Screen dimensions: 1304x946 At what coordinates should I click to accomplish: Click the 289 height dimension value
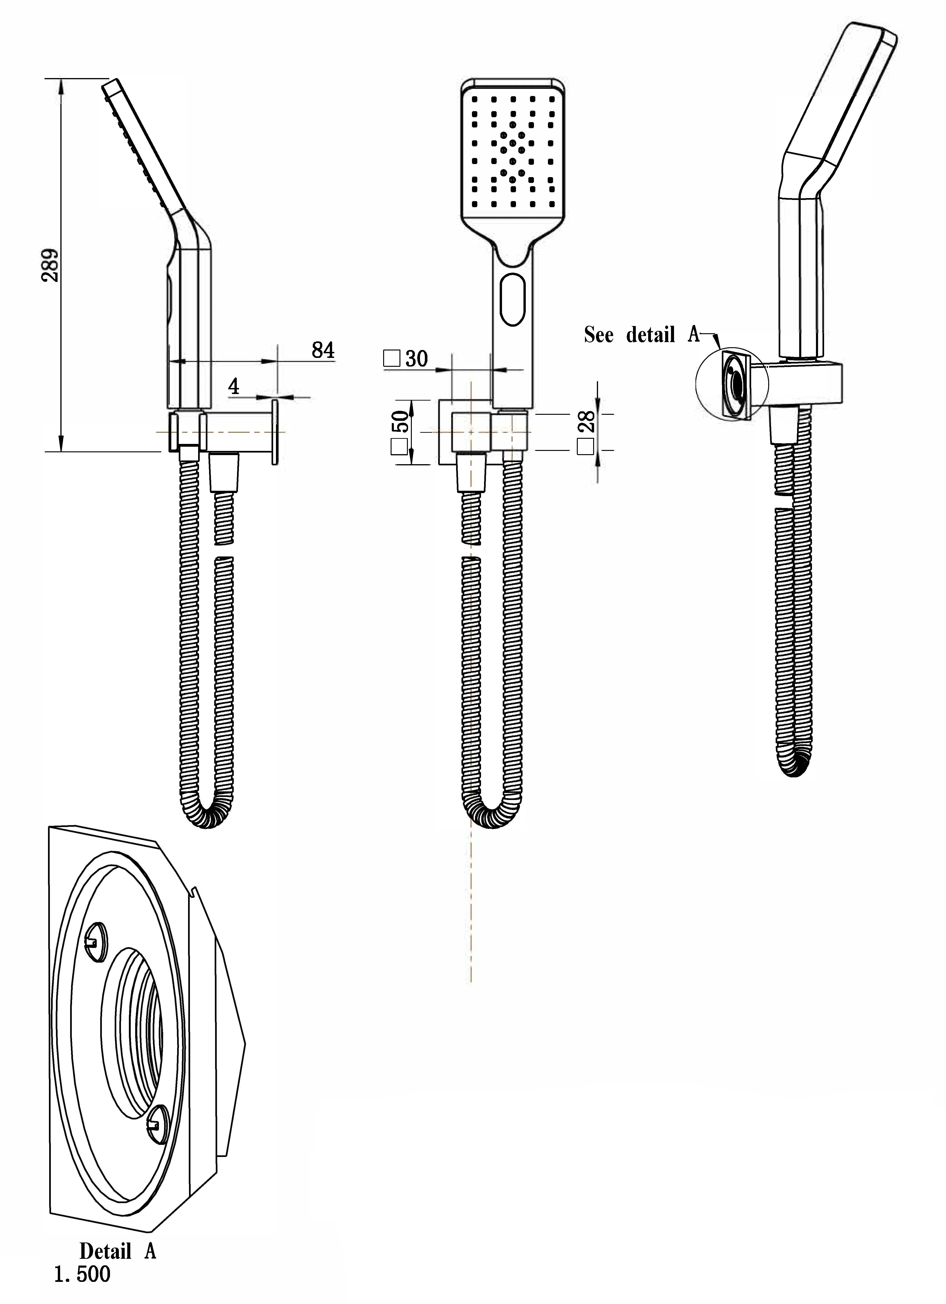click(51, 265)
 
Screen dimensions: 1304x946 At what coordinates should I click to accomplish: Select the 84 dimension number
click(323, 350)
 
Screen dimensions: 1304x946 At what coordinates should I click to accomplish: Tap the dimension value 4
click(234, 387)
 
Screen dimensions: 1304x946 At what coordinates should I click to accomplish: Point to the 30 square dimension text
click(416, 359)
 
